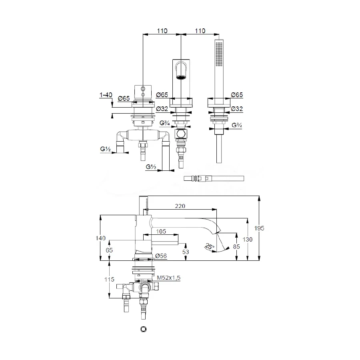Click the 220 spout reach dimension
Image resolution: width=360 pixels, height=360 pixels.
180,206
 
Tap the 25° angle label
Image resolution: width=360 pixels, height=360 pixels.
209,246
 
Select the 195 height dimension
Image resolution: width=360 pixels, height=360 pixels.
259,228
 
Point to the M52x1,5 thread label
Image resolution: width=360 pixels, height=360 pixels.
168,278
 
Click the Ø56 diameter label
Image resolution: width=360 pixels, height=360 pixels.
161,256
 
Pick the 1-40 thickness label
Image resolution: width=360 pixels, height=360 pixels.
106,95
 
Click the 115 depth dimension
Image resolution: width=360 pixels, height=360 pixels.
109,280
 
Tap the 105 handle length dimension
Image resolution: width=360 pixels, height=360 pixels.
161,232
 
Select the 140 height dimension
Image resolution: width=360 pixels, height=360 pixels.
100,238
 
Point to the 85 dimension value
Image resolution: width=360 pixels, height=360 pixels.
236,246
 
